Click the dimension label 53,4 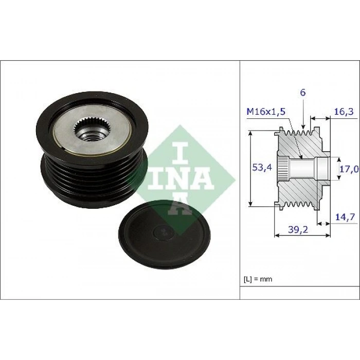coord(262,167)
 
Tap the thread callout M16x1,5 coord(266,112)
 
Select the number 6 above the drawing coord(303,93)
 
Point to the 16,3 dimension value coord(344,113)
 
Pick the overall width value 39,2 coord(298,229)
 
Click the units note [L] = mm coord(258,279)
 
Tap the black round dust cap coord(165,235)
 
